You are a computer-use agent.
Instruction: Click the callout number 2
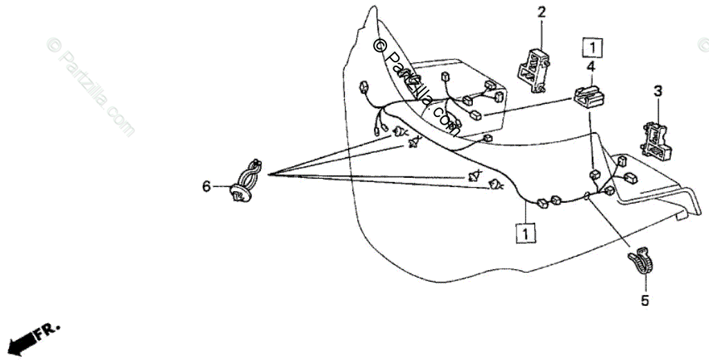tap(541, 11)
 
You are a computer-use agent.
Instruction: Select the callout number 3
tap(658, 91)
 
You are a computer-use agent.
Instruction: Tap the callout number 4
tap(591, 66)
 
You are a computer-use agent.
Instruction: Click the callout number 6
tap(206, 186)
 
